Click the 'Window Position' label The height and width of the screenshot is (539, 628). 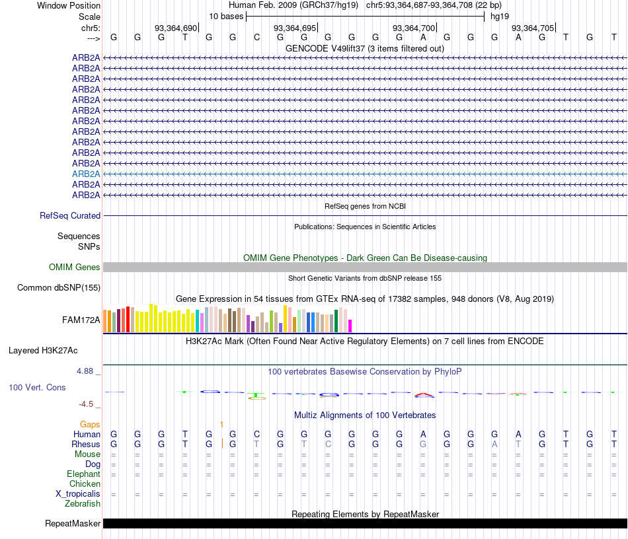click(x=69, y=5)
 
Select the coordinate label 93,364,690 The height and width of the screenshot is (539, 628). click(x=176, y=28)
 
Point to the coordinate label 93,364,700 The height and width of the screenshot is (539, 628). click(x=414, y=28)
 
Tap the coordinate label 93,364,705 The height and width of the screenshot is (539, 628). click(x=533, y=28)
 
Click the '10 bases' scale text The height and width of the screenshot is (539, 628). click(x=226, y=16)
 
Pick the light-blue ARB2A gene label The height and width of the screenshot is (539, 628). click(x=86, y=174)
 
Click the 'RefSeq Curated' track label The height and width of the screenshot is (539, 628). click(x=70, y=215)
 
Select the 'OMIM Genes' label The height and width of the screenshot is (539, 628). click(x=75, y=268)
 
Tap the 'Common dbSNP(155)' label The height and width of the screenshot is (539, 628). click(x=59, y=288)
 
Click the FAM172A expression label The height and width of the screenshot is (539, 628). click(x=81, y=320)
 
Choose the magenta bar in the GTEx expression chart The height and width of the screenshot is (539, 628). click(x=350, y=326)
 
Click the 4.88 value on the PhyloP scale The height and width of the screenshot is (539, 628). click(x=86, y=371)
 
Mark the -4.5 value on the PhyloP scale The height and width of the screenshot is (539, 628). click(x=86, y=404)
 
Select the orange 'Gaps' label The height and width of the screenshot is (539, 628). click(x=90, y=424)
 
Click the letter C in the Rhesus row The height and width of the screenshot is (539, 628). click(x=328, y=445)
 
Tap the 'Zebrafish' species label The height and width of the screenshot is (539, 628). click(x=83, y=504)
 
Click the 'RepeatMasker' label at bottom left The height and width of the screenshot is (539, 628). click(x=73, y=524)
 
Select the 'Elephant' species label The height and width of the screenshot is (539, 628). click(x=83, y=474)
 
